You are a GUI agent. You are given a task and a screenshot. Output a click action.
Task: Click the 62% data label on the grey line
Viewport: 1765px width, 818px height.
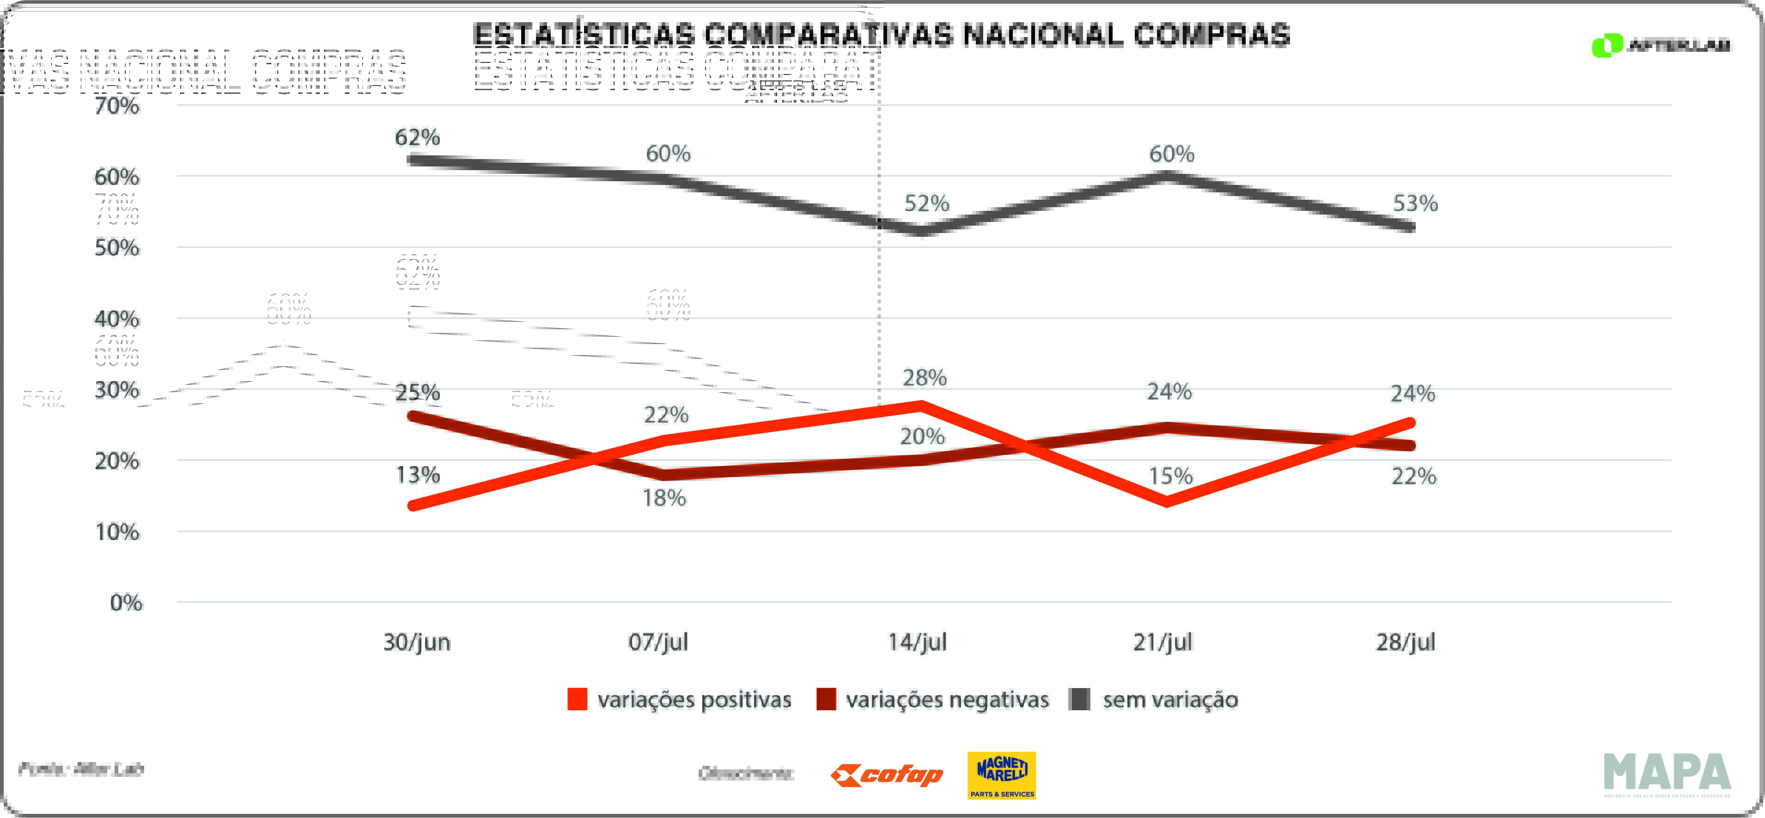[417, 138]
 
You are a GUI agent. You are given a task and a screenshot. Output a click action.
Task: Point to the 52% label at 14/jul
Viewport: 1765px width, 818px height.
[926, 203]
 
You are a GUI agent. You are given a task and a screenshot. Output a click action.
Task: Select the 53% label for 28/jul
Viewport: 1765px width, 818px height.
[1415, 203]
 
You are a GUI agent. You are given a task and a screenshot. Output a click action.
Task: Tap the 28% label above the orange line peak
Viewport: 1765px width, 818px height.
[924, 378]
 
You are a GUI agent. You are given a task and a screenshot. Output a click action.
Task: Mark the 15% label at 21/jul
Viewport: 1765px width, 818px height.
[1170, 476]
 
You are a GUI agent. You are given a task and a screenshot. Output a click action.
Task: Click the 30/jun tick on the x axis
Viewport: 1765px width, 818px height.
[417, 642]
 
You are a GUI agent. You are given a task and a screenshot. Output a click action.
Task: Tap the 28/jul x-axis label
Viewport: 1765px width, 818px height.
[1405, 642]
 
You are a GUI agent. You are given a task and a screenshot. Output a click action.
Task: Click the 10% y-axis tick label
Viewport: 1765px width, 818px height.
[117, 532]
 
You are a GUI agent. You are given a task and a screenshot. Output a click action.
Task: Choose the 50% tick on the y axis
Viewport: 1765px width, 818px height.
[117, 247]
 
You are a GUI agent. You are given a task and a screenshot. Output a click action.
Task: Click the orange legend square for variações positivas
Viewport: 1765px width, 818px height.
[577, 699]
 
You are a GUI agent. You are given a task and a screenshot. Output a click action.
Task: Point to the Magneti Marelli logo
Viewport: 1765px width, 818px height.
[1001, 775]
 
